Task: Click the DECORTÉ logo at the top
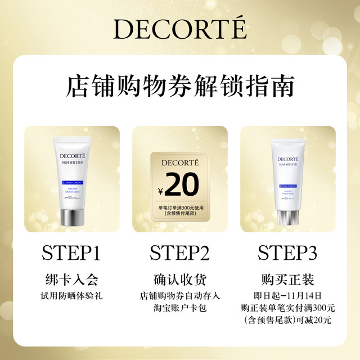180,29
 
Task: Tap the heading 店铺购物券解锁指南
180,88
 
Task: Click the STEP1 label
71,253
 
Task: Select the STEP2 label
179,253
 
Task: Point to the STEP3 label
287,253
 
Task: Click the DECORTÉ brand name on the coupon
179,163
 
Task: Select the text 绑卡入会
71,280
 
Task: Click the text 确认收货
179,280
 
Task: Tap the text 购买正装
287,280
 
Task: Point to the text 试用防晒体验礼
71,295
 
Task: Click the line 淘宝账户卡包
179,308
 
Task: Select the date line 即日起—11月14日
287,295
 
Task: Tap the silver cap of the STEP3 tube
288,217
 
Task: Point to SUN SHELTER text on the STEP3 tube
288,165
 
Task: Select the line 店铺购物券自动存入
179,295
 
